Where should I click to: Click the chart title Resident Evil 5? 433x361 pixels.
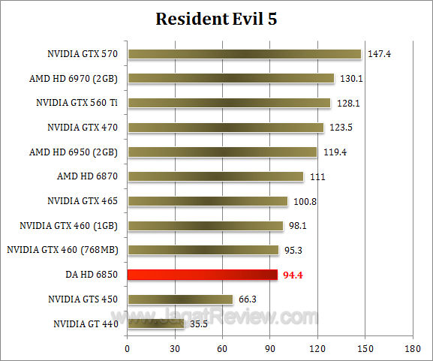[x=216, y=19]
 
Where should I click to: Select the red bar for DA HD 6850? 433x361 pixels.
[x=203, y=275]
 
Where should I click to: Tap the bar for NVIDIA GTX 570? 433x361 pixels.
[x=244, y=53]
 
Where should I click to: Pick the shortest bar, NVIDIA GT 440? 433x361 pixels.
[x=155, y=324]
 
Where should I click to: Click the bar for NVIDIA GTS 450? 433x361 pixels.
[x=180, y=299]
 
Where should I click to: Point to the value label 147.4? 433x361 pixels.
[x=379, y=54]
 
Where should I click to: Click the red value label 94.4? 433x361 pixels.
[x=293, y=275]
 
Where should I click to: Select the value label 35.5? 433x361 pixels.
[x=199, y=324]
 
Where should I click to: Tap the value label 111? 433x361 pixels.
[x=316, y=177]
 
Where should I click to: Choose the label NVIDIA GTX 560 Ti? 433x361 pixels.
[x=77, y=103]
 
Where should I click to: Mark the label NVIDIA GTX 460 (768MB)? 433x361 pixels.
[x=65, y=250]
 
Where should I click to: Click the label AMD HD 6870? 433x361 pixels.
[x=89, y=176]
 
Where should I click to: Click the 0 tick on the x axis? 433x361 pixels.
[x=127, y=349]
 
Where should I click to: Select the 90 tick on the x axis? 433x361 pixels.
[x=269, y=349]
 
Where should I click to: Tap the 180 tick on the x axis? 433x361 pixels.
[x=412, y=349]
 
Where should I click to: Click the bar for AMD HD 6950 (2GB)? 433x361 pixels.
[x=222, y=152]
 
